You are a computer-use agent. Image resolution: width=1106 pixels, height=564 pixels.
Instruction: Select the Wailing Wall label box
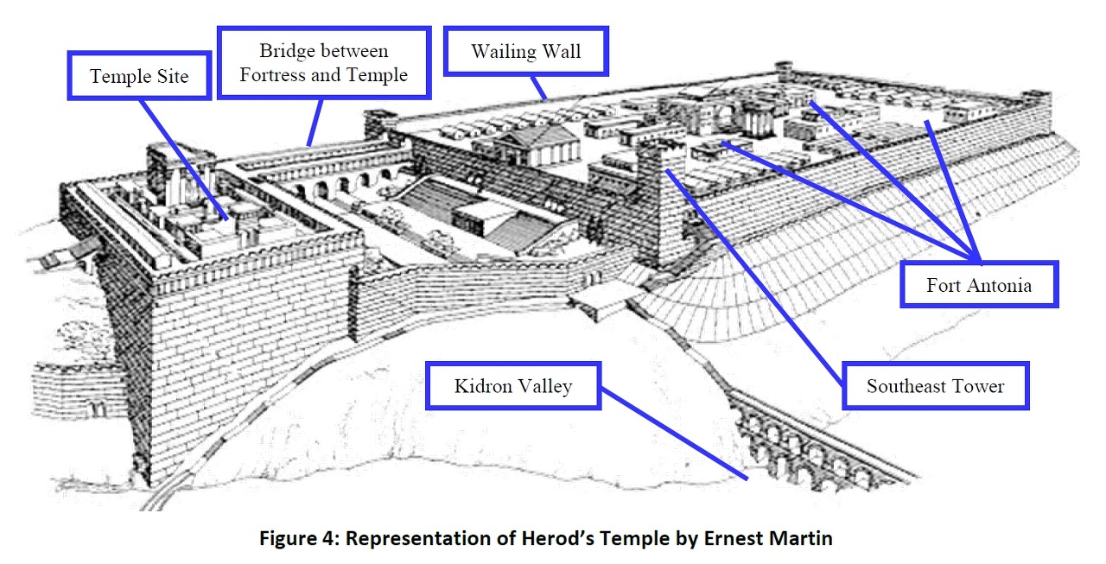click(x=525, y=50)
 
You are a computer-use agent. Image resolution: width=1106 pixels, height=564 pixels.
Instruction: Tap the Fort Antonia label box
click(x=979, y=284)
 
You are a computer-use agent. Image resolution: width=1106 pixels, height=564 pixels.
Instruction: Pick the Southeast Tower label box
click(x=935, y=385)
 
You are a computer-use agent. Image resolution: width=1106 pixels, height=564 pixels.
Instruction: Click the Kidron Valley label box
click(x=513, y=385)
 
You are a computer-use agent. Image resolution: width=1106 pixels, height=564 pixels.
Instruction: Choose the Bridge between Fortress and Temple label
click(x=323, y=63)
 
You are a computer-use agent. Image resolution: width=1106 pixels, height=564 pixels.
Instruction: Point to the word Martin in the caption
click(x=802, y=539)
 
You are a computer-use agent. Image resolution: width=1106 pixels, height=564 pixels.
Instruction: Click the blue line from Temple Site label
click(x=186, y=160)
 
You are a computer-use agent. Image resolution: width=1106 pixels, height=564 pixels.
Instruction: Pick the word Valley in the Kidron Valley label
click(x=545, y=385)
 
